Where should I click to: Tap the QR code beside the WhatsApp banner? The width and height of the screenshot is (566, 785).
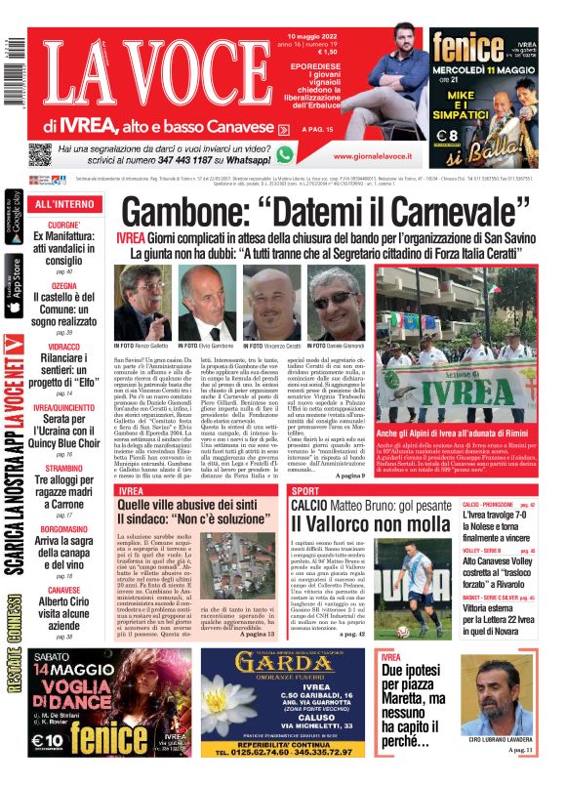40,155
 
